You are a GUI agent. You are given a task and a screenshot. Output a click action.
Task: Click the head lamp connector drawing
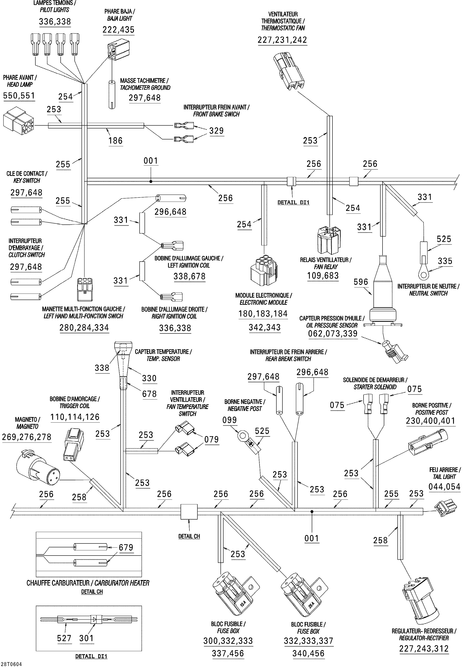click(x=18, y=121)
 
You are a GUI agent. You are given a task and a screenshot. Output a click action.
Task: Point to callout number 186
click(x=115, y=141)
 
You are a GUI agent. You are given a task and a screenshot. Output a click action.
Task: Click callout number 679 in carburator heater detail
click(x=126, y=548)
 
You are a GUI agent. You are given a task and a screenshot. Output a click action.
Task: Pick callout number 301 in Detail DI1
click(x=87, y=638)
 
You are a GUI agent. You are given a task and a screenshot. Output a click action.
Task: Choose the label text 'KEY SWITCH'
click(x=27, y=180)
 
